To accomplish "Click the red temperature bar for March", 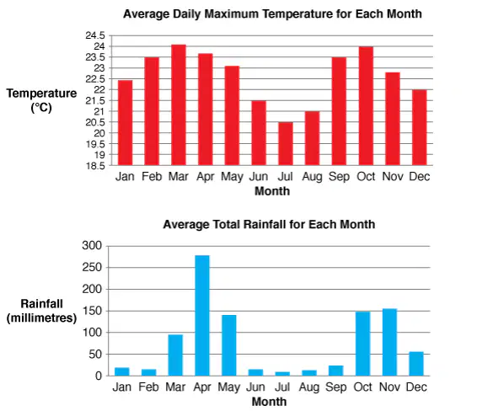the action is click(x=179, y=105).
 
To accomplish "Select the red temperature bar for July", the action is click(x=286, y=144).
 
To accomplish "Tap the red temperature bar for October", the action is click(x=366, y=106).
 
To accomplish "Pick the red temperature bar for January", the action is click(x=125, y=123).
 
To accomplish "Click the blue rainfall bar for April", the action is click(x=202, y=316).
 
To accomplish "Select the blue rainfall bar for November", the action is click(x=390, y=342).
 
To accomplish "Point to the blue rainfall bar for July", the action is click(x=282, y=374).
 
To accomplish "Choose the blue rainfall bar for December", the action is click(x=416, y=364).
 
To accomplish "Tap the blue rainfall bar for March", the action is click(x=175, y=355).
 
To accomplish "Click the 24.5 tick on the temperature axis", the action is click(x=95, y=35).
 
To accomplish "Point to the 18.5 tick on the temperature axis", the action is click(x=95, y=166).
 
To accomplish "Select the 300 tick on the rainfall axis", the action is click(x=92, y=245).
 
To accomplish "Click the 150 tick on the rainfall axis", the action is click(x=92, y=311).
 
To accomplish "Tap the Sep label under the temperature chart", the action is click(x=339, y=177).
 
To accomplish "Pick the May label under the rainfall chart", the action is click(x=229, y=387).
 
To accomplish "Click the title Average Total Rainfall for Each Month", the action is click(x=269, y=224).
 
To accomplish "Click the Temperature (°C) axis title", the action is click(x=41, y=100).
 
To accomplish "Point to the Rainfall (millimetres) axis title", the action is click(x=41, y=311).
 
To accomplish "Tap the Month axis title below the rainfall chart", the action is click(x=269, y=402).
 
